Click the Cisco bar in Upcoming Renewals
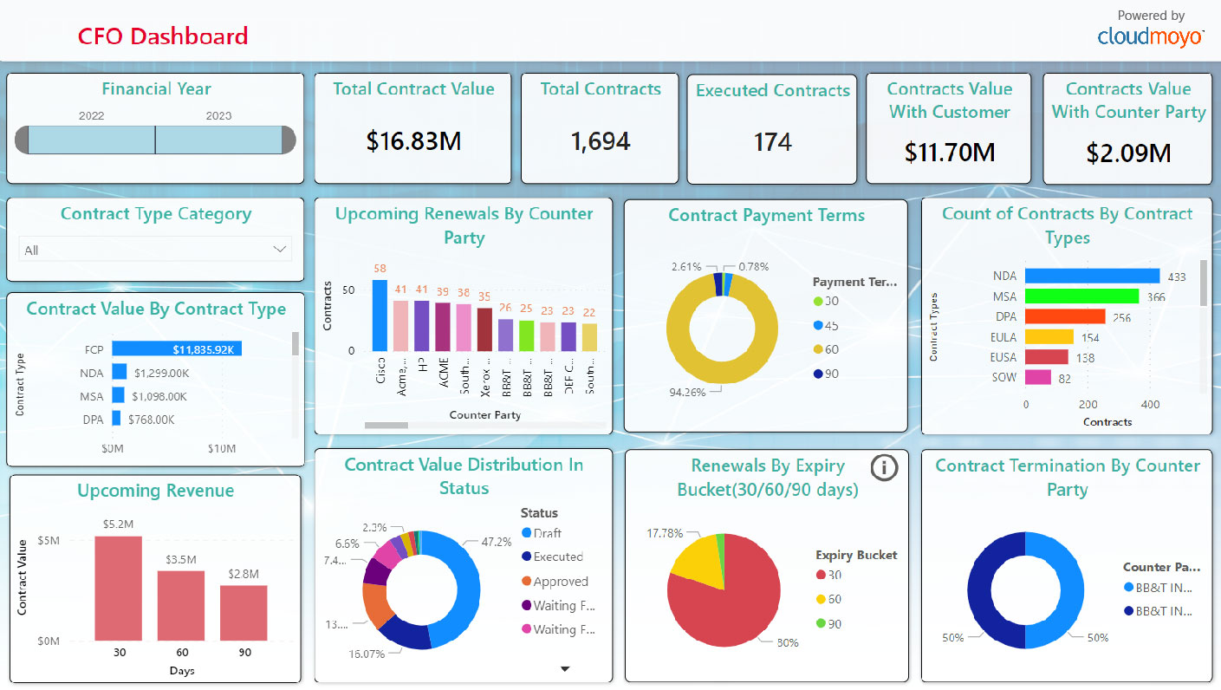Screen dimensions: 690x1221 click(x=380, y=316)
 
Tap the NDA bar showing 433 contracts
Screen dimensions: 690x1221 click(x=1092, y=276)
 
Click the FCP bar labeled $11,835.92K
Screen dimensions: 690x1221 click(x=177, y=349)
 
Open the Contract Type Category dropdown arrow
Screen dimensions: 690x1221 click(x=279, y=250)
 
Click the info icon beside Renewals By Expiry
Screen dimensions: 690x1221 click(x=883, y=468)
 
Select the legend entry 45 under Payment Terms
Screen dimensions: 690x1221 click(x=830, y=325)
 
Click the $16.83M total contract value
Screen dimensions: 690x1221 click(x=413, y=141)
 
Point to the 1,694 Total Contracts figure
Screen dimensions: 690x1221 click(x=600, y=141)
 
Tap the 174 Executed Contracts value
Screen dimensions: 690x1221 click(x=772, y=141)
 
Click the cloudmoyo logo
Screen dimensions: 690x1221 click(x=1150, y=36)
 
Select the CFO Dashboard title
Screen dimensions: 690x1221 click(x=163, y=36)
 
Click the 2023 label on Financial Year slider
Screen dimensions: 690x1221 click(x=218, y=115)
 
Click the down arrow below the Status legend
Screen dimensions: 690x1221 click(x=565, y=668)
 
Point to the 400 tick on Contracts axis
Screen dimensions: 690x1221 click(x=1150, y=405)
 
